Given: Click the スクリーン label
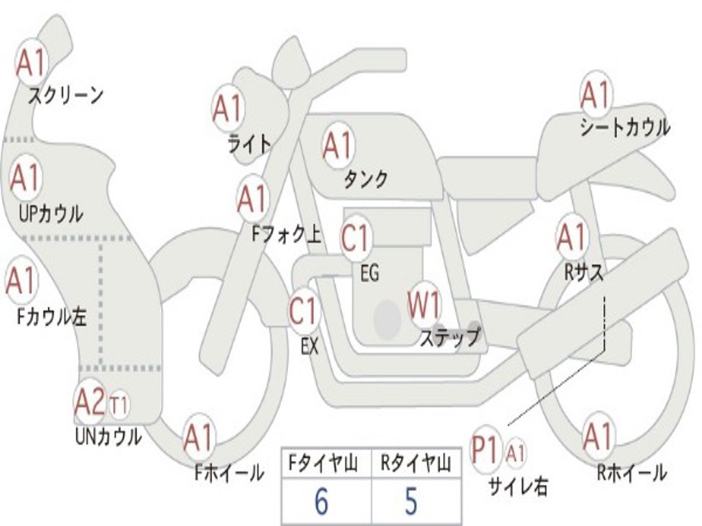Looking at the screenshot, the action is pyautogui.click(x=66, y=95).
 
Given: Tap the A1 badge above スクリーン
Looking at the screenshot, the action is pyautogui.click(x=32, y=63).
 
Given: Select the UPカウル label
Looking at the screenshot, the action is pyautogui.click(x=51, y=214).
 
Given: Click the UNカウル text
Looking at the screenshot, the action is pyautogui.click(x=108, y=436).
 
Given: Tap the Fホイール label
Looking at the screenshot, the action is pyautogui.click(x=229, y=473).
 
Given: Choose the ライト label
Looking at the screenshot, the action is pyautogui.click(x=250, y=144).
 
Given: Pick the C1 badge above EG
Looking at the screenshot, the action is pyautogui.click(x=356, y=238).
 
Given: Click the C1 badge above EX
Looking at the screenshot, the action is pyautogui.click(x=304, y=310).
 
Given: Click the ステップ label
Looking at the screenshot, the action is pyautogui.click(x=450, y=337).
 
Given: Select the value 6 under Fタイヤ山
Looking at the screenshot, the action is pyautogui.click(x=322, y=501).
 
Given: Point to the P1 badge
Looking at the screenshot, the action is pyautogui.click(x=486, y=449).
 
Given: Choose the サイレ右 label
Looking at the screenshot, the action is pyautogui.click(x=518, y=487).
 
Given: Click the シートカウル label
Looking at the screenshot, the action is pyautogui.click(x=625, y=127).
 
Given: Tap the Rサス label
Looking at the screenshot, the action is pyautogui.click(x=583, y=273).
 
